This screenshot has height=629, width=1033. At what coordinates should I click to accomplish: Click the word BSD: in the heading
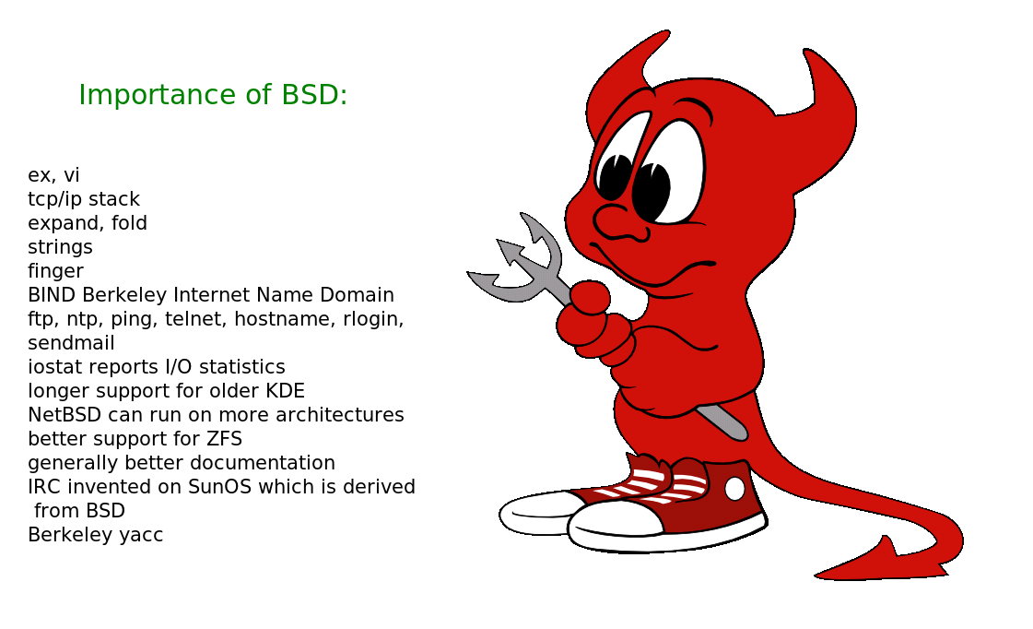point(314,94)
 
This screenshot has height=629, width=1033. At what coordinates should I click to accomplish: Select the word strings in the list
point(60,247)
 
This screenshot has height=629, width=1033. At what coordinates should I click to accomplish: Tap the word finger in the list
point(55,271)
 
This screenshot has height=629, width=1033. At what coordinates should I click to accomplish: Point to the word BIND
point(52,295)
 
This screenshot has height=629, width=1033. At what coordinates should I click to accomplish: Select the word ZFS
point(224,438)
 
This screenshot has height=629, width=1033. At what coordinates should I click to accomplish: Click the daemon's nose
point(616,220)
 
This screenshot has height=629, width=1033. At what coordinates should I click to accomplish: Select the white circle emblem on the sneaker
point(734,489)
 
